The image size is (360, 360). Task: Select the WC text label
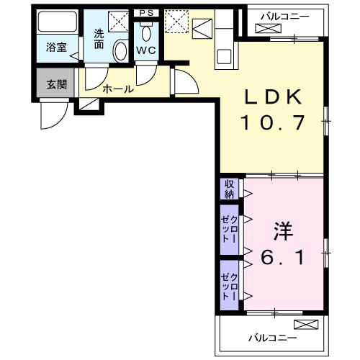click(x=146, y=50)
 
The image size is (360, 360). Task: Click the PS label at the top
click(x=146, y=12)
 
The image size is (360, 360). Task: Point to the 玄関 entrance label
click(x=57, y=84)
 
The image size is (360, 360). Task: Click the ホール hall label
click(x=117, y=89)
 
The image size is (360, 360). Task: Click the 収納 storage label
click(x=229, y=189)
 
